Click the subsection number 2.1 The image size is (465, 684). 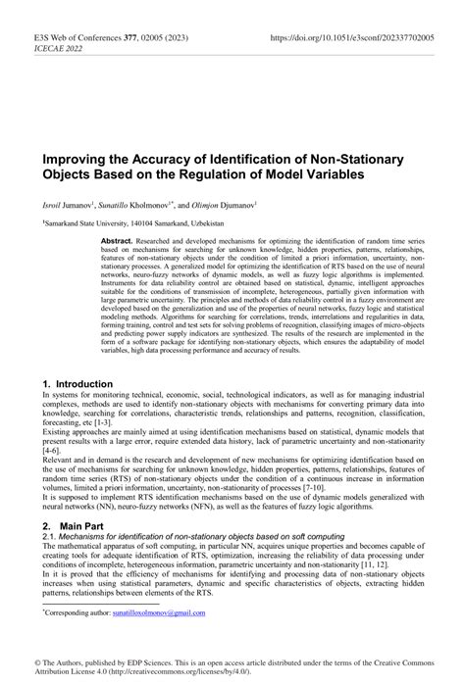[49, 537]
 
